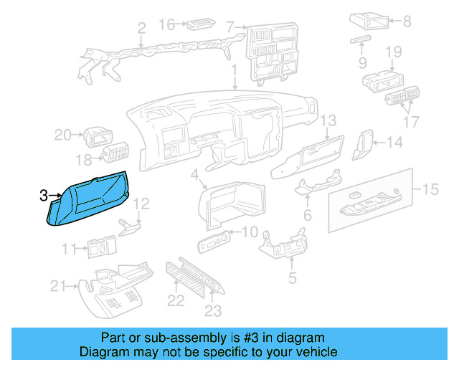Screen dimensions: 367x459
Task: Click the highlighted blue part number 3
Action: pos(87,200)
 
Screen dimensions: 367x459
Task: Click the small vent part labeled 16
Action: pos(197,27)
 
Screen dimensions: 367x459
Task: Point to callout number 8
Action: pos(407,22)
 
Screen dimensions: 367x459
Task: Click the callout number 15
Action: pos(430,189)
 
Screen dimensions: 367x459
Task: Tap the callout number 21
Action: pos(58,287)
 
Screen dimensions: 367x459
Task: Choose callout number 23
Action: pos(214,311)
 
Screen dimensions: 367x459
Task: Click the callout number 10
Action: pos(249,232)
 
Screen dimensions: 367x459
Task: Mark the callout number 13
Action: pos(328,120)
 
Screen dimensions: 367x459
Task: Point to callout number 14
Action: pos(395,143)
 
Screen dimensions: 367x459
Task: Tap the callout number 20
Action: pos(62,135)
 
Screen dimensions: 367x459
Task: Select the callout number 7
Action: pos(229,28)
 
